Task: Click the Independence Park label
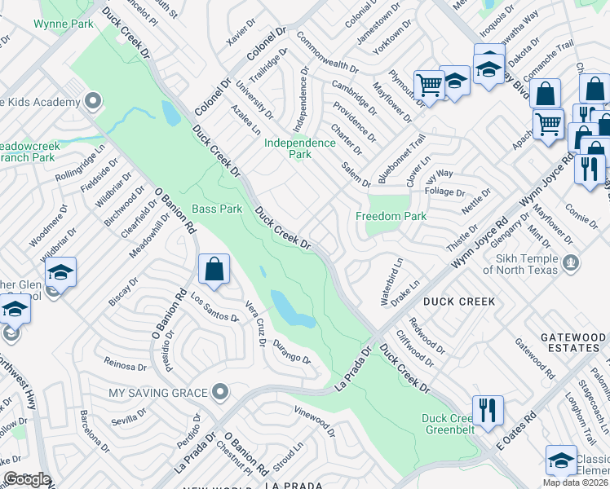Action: [x=300, y=148]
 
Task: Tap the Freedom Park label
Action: [x=391, y=217]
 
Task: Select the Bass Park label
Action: [x=217, y=209]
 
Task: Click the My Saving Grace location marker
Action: [x=219, y=393]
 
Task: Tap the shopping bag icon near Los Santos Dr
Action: [x=214, y=270]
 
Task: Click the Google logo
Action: [x=27, y=479]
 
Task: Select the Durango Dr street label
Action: [x=292, y=351]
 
